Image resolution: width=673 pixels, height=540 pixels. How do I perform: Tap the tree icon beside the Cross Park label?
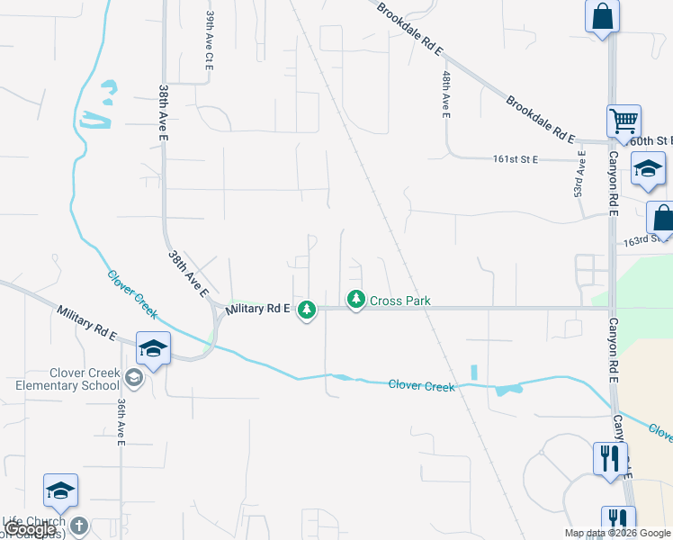coord(356,299)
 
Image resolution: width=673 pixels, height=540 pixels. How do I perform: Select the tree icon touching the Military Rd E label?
coord(307,310)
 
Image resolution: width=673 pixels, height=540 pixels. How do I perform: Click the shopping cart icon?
coord(624,120)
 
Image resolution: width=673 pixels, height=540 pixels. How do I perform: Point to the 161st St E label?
coord(515,159)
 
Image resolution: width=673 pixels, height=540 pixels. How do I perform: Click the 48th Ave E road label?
coord(445,93)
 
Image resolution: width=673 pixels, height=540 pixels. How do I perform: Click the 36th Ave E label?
coord(121,421)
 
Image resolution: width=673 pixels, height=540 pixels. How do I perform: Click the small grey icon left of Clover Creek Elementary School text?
coord(134,377)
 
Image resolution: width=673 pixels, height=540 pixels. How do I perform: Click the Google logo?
coord(30,530)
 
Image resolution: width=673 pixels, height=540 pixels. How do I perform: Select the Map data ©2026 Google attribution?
coord(617,533)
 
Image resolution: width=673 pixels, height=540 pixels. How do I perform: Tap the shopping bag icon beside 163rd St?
coord(662,219)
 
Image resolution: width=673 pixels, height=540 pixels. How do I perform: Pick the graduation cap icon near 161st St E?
coord(647,168)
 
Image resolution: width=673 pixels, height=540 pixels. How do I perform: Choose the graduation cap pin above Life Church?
coord(60,490)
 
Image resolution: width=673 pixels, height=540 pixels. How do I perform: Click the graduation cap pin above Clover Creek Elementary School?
coord(153,348)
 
